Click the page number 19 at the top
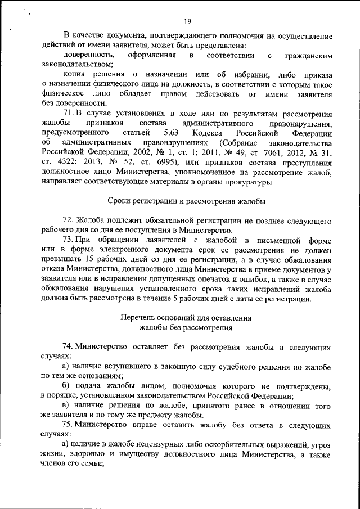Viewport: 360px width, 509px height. (187, 21)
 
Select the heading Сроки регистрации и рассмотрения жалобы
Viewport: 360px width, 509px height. (186, 200)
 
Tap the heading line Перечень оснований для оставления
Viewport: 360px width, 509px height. (186, 317)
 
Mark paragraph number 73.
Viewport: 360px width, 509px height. (69, 240)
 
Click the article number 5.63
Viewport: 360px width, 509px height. (172, 133)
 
